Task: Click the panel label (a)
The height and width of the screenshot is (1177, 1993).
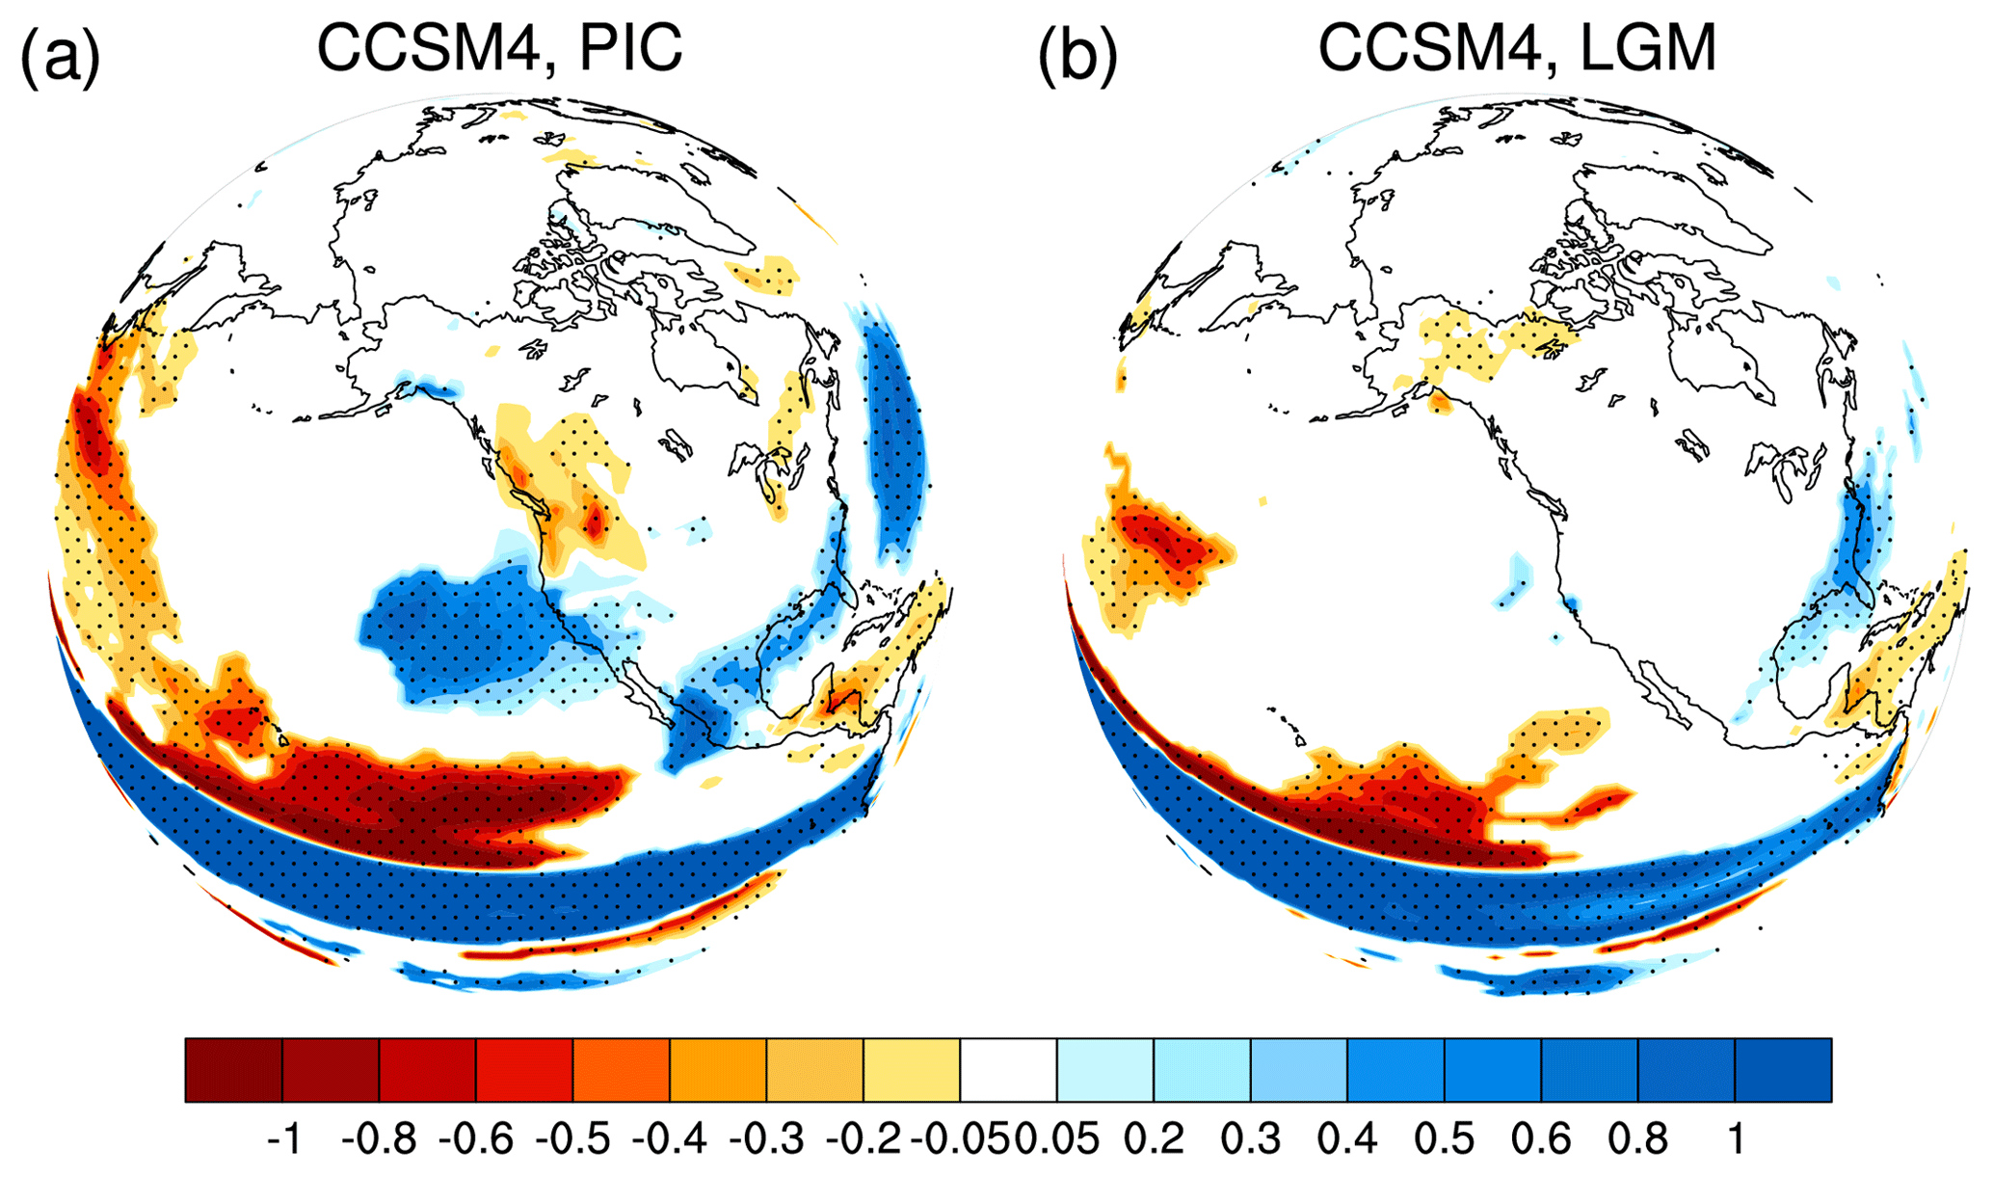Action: (60, 55)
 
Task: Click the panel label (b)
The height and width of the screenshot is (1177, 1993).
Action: (1077, 55)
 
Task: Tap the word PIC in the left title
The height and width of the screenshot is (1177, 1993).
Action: (630, 47)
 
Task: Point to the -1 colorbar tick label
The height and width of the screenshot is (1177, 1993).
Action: (283, 1139)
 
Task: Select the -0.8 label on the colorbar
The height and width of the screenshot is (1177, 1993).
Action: (379, 1139)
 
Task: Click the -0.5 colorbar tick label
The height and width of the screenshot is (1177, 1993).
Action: (572, 1139)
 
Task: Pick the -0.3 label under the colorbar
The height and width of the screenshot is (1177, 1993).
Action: (766, 1139)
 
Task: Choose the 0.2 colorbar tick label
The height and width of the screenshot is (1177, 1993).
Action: (1155, 1139)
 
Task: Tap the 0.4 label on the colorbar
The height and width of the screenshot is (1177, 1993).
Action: (1347, 1139)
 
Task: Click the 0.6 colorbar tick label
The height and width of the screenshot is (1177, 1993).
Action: (1541, 1139)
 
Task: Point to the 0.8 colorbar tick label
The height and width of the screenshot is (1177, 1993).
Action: (1637, 1139)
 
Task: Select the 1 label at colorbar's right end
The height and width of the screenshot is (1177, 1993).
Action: (1736, 1139)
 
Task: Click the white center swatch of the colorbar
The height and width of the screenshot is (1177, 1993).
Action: (1008, 1069)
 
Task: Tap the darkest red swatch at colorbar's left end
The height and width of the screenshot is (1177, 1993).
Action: (233, 1069)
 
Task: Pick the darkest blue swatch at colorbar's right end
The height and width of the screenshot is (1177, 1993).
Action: (1783, 1069)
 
